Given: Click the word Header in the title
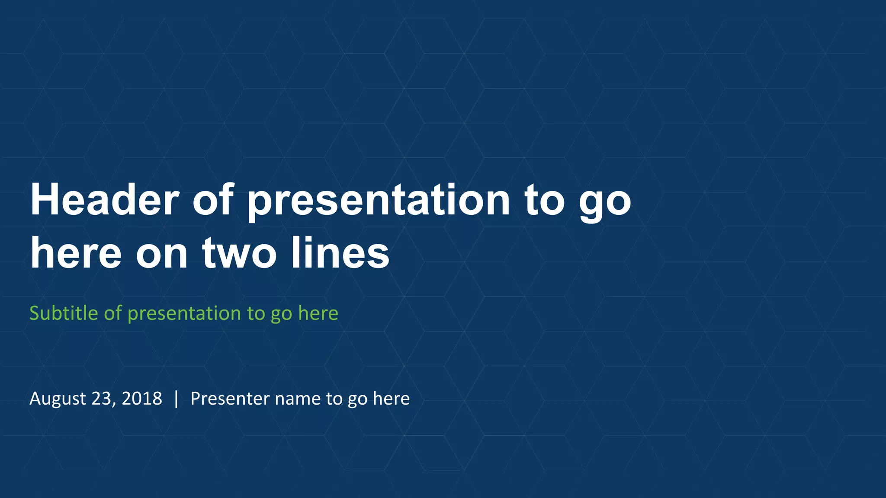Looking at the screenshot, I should coord(104,200).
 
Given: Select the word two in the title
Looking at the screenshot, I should coord(239,253).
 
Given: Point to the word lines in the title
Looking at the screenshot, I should coord(340,252).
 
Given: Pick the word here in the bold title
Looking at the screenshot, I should coord(76,253).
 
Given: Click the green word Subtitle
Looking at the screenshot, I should coord(64,313).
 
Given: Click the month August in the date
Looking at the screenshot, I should coord(57,399).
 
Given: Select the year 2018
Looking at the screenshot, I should coord(141,399).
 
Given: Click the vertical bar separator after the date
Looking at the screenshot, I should coord(176,399).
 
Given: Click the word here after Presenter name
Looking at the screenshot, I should coord(391,399).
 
